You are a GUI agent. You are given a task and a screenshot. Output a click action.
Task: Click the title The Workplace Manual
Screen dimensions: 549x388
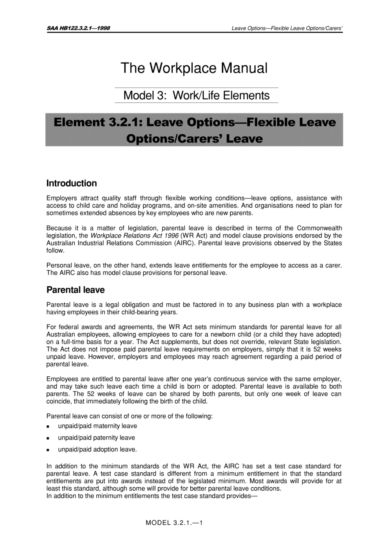coord(194,68)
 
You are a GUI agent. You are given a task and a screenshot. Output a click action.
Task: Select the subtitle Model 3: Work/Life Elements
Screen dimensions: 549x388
coord(196,96)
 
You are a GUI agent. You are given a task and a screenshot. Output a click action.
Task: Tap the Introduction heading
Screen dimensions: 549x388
coord(71,183)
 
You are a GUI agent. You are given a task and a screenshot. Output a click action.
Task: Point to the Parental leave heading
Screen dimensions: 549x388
coord(76,290)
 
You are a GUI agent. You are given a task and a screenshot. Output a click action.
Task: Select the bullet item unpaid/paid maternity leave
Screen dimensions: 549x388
coord(97,426)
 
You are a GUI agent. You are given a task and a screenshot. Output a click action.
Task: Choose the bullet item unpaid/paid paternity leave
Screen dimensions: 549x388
coord(96,438)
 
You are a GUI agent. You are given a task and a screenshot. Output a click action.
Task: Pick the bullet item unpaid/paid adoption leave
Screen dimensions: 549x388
coord(97,449)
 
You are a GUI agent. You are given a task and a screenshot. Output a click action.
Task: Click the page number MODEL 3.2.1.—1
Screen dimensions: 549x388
coord(174,522)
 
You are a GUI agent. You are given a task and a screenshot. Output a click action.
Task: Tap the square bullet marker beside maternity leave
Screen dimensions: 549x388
coord(48,427)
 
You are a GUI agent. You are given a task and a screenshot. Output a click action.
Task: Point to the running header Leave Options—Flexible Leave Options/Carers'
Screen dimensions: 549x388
coord(286,28)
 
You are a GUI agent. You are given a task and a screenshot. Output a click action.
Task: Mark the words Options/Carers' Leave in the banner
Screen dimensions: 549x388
coord(194,138)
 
